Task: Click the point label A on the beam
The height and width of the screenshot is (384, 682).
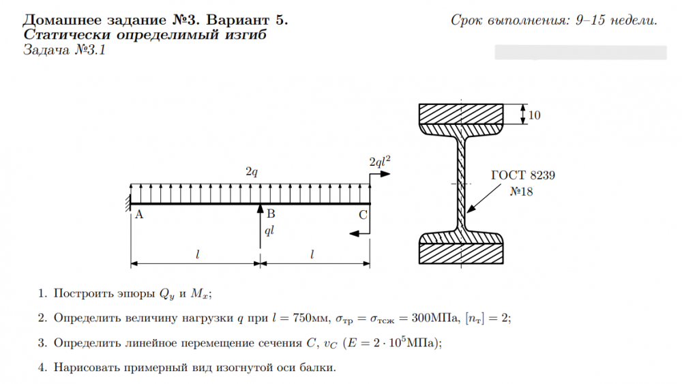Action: [138, 215]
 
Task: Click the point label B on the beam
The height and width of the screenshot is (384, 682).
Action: [271, 215]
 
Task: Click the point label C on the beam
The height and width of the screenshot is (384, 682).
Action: [363, 215]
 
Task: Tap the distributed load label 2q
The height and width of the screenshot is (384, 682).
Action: [251, 173]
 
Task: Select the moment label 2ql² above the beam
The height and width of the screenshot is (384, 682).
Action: [379, 162]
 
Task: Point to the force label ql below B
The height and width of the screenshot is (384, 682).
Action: [269, 231]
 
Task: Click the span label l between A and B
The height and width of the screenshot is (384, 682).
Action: [196, 254]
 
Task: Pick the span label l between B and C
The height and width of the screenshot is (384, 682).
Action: [312, 254]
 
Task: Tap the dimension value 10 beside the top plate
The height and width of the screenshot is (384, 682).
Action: [534, 115]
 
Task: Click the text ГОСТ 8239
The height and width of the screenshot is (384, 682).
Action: [523, 175]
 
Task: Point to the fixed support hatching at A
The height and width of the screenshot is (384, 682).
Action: [128, 202]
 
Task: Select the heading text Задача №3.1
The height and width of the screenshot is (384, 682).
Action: [63, 50]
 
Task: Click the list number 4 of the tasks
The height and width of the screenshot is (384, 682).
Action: [42, 368]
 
